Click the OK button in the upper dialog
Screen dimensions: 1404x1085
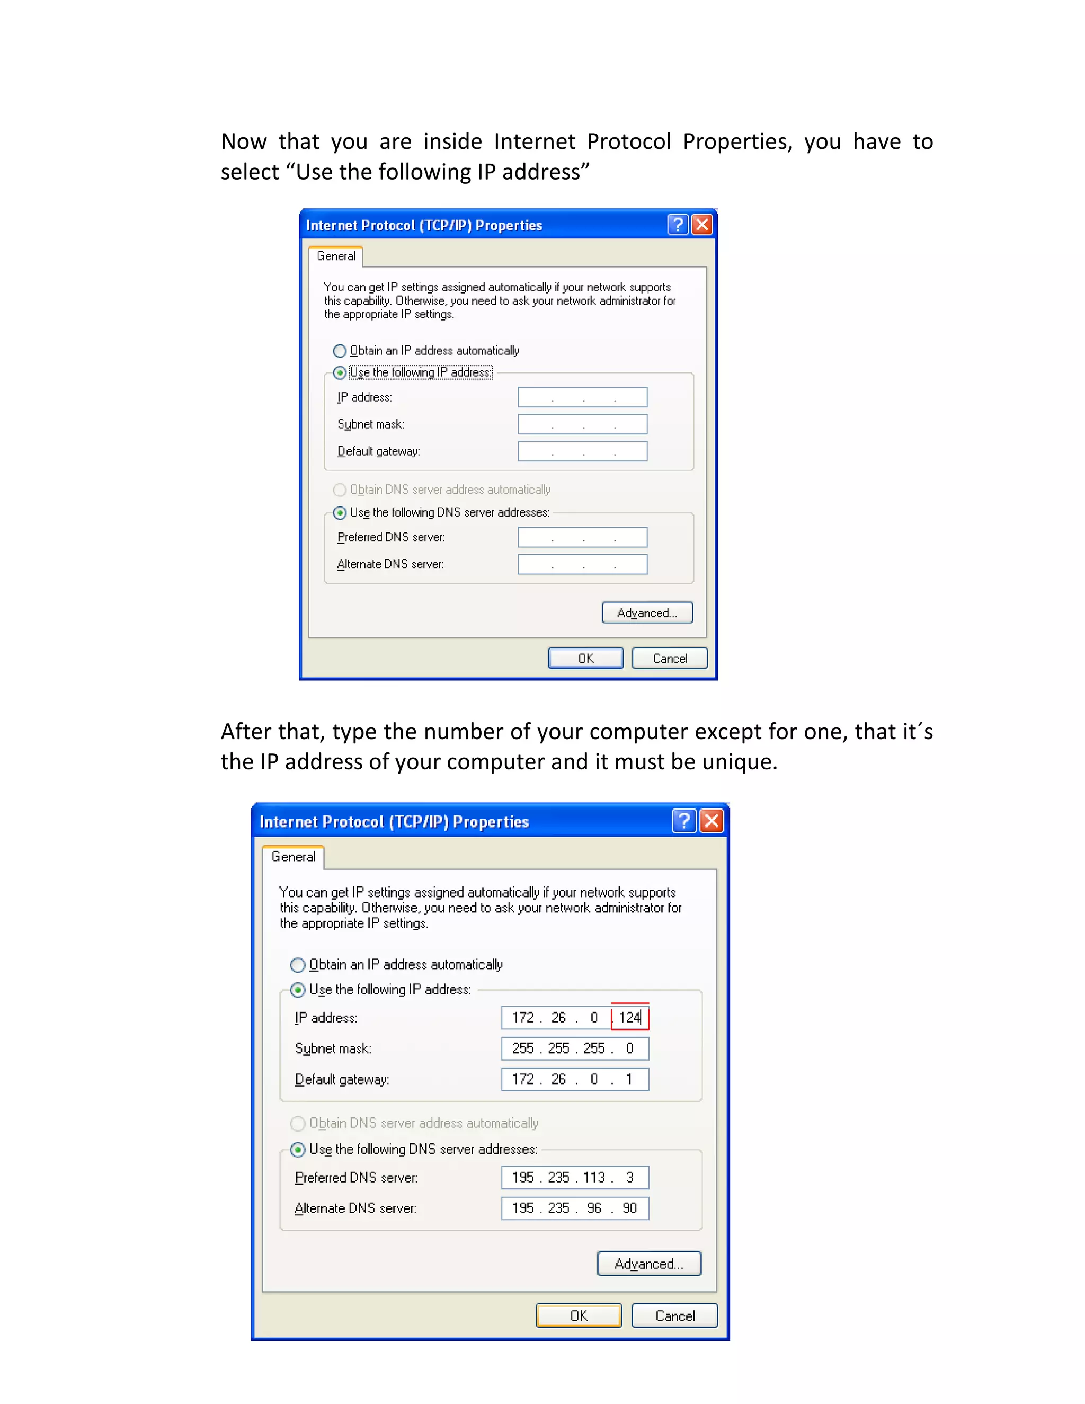(x=585, y=658)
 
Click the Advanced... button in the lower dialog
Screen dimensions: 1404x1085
(x=648, y=1264)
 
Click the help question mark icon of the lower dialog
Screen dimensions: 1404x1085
(x=684, y=821)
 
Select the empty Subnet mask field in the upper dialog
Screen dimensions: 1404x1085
(x=582, y=424)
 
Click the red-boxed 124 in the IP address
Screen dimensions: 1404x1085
(x=629, y=1018)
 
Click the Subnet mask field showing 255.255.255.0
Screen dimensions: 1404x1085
(x=575, y=1048)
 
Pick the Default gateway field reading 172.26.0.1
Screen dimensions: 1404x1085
(x=575, y=1079)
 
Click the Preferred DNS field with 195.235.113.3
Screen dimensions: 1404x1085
(x=575, y=1178)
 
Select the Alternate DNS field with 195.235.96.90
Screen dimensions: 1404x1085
(x=575, y=1208)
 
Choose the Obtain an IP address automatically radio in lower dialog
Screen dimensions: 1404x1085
(x=298, y=965)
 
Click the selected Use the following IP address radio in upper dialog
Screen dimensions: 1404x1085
(x=340, y=373)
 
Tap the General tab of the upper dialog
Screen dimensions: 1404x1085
(x=335, y=256)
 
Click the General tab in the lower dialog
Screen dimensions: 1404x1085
(x=293, y=857)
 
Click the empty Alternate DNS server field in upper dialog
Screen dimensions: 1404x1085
(x=582, y=564)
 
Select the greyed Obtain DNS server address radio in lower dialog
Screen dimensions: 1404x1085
(x=298, y=1124)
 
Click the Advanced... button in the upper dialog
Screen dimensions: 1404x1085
(x=647, y=612)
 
